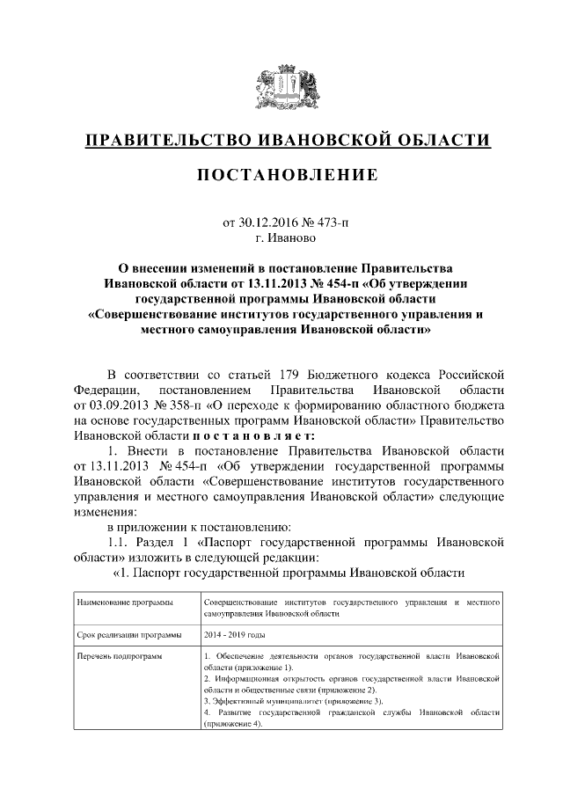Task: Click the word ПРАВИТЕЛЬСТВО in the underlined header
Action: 166,141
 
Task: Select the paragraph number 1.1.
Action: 120,543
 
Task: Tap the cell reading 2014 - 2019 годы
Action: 233,633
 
